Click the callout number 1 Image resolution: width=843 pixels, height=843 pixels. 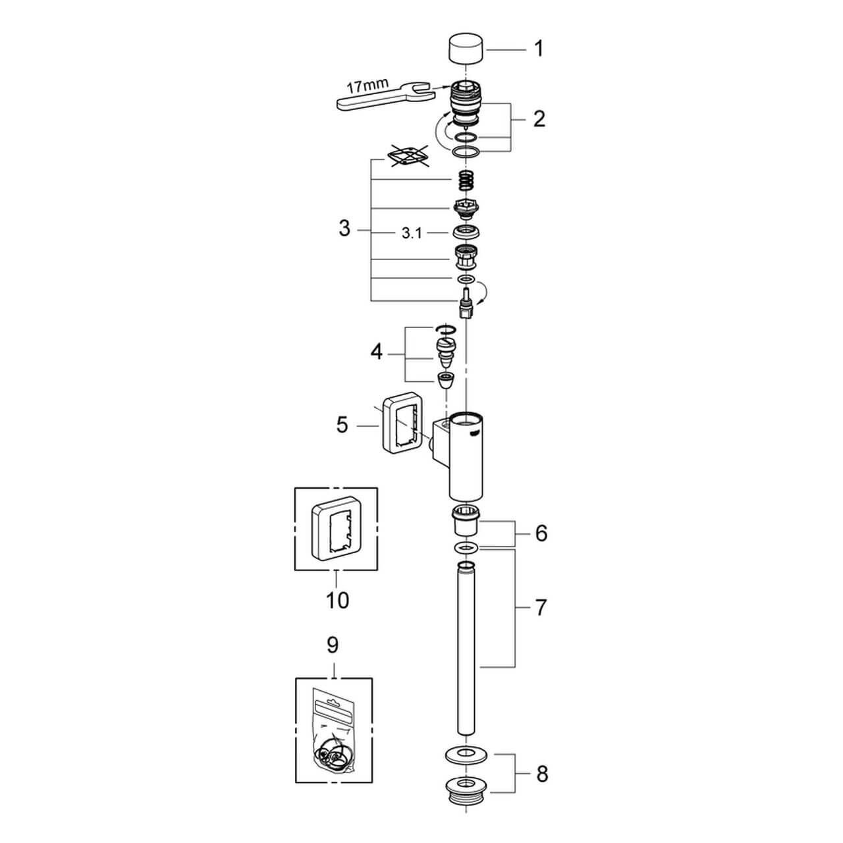click(539, 49)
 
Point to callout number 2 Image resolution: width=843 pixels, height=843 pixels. click(539, 119)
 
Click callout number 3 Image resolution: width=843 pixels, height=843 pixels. click(344, 230)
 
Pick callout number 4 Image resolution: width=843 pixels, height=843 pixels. click(376, 352)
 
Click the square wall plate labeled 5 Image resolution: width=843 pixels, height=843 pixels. click(402, 428)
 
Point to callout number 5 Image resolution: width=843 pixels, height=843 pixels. click(342, 425)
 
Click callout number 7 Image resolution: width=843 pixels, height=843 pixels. click(540, 607)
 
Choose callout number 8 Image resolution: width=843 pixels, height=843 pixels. click(541, 774)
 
